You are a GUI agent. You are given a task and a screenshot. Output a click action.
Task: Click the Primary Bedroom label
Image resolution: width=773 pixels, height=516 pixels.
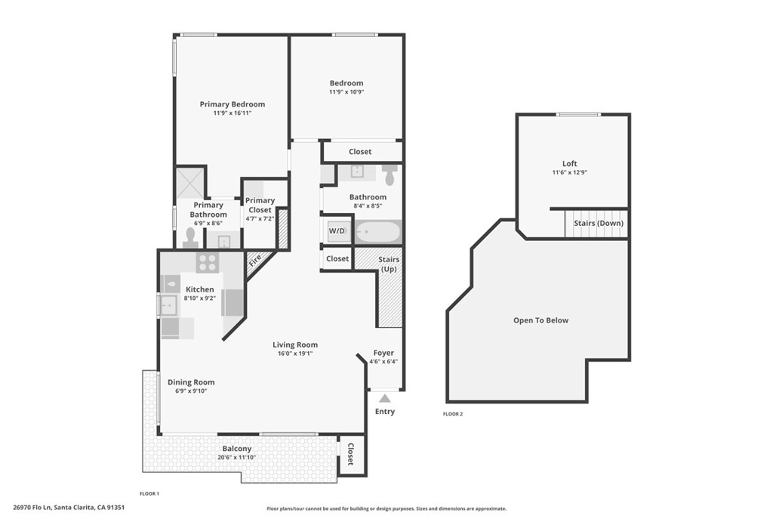point(232,104)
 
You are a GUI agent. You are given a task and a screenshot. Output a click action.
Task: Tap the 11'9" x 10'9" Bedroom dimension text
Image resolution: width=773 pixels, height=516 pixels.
point(346,92)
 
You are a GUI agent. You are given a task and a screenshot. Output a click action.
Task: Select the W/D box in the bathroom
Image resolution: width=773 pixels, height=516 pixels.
point(337,231)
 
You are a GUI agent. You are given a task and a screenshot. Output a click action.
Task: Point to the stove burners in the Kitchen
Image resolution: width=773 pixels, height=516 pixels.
point(208,263)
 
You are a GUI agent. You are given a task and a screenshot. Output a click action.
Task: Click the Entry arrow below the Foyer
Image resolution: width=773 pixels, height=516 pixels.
point(384,398)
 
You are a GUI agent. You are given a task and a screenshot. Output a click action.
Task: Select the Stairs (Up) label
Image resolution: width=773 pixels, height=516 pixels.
point(390,264)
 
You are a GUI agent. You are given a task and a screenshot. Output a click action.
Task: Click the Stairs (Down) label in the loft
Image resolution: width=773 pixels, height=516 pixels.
point(599,224)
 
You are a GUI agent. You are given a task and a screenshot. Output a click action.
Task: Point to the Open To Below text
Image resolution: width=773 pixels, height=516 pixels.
point(540,320)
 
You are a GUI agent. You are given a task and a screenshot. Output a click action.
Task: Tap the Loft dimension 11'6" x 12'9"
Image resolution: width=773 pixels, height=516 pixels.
point(569,172)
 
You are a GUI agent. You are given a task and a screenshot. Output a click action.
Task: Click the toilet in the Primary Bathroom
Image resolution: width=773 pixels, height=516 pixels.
point(189,238)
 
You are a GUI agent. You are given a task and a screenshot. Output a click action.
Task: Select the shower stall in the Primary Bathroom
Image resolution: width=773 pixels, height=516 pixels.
point(190,184)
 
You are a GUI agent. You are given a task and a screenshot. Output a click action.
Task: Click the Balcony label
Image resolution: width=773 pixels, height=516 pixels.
point(236,449)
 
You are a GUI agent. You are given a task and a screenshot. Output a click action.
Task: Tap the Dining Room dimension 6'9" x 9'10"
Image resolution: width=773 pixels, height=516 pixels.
point(190,391)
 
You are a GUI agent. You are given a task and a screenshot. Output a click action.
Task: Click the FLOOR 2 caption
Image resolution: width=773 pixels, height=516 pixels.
point(453,414)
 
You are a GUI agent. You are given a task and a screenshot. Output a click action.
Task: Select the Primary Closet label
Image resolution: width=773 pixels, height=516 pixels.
point(260,205)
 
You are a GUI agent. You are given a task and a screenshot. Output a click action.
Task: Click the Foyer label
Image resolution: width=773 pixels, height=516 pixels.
point(383,353)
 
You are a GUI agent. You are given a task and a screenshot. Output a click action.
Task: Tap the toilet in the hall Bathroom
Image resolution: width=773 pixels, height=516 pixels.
point(390,175)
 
